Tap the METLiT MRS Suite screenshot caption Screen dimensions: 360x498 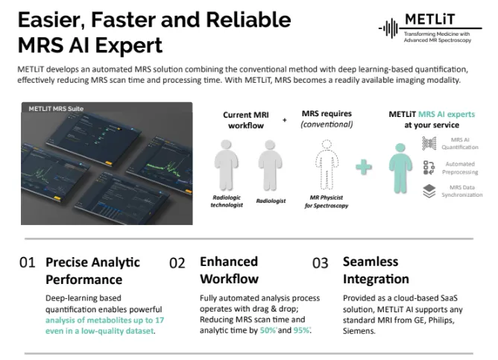pos(57,109)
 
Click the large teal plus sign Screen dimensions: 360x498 pos(364,165)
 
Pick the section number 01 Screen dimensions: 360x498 pos(27,262)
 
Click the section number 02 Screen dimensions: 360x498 pos(177,262)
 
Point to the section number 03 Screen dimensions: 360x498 pos(320,262)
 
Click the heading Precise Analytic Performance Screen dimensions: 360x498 pos(93,271)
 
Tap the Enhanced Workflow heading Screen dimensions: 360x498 pos(229,271)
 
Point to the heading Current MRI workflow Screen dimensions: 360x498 pos(246,121)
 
